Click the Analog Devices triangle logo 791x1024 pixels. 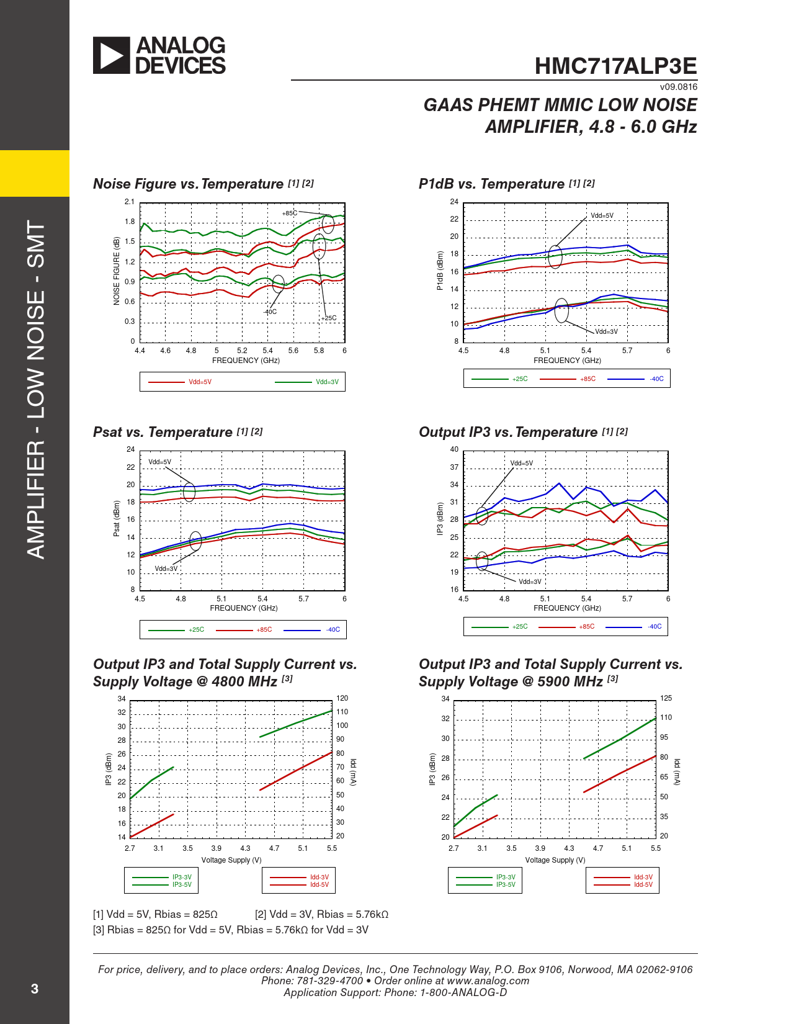[112, 55]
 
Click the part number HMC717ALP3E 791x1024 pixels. [615, 66]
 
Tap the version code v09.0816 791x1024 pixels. [678, 87]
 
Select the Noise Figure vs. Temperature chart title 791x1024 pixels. [188, 184]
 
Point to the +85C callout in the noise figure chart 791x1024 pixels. [290, 213]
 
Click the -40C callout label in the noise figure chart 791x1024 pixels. [270, 312]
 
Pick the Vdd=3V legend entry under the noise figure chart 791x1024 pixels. [327, 382]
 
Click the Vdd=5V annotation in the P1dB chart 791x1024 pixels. [602, 216]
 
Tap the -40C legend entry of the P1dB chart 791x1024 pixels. [656, 379]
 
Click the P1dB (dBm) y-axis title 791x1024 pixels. [440, 271]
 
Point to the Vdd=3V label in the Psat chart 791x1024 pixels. [166, 568]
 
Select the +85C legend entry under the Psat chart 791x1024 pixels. [264, 629]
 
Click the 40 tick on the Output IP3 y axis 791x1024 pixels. [454, 449]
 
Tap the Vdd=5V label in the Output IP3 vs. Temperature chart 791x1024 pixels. [521, 463]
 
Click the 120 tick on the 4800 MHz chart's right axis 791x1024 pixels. [342, 698]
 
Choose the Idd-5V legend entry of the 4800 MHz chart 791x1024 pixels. [320, 885]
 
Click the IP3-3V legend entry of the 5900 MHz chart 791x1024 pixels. [506, 878]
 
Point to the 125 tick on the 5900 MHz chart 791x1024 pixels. [666, 698]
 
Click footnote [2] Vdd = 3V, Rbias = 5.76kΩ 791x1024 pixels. [321, 914]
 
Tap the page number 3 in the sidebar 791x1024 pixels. [35, 989]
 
